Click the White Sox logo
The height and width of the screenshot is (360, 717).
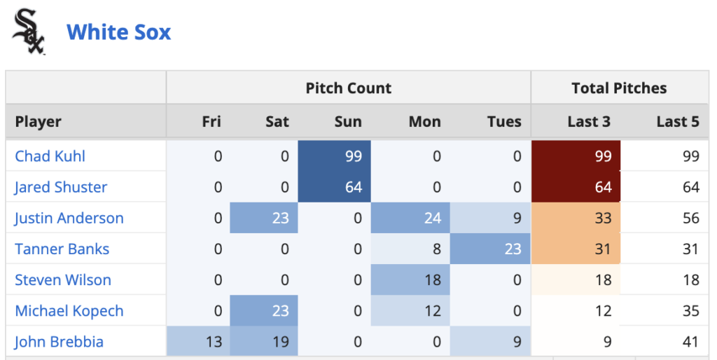29,32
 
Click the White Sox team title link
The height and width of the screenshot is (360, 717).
118,32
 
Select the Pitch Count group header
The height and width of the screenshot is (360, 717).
348,88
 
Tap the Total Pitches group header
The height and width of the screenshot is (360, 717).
618,88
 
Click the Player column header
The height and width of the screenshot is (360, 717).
39,122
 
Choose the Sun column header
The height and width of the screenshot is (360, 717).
347,122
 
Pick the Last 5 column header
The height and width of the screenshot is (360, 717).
677,122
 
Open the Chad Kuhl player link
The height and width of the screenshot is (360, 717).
50,156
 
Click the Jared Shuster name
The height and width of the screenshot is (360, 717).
61,187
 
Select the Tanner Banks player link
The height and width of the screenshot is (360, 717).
62,249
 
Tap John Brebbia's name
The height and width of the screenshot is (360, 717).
60,342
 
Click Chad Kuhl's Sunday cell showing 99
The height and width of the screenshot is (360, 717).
335,156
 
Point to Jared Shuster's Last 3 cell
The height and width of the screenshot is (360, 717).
576,187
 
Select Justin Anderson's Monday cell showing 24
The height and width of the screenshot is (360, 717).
410,218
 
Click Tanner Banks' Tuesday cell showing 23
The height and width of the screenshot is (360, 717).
490,249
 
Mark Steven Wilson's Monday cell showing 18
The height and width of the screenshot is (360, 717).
410,280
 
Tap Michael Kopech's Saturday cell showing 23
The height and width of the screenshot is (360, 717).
263,311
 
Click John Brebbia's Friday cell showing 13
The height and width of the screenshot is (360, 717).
198,342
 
